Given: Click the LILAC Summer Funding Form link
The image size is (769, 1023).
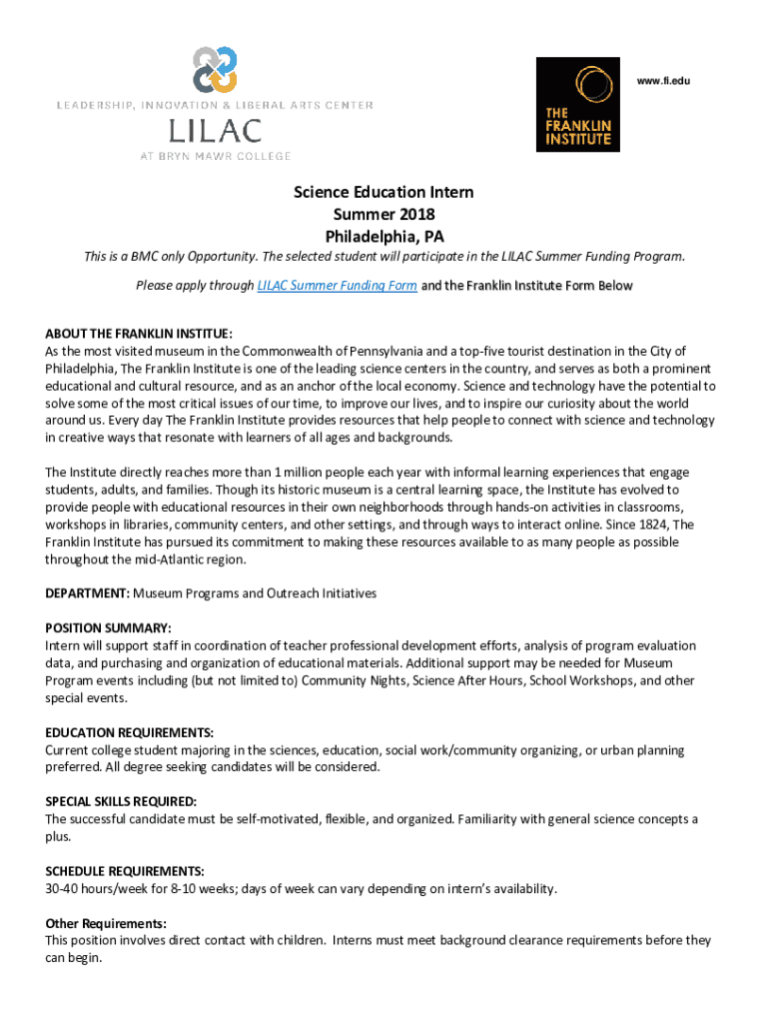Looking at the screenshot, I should coord(337,286).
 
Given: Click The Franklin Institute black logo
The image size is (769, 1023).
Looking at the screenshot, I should coord(577,104).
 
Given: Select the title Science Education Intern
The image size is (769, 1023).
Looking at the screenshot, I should coord(384,192).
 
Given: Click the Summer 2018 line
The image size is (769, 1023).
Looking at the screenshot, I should coord(384,214).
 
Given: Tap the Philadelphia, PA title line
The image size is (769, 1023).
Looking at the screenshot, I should coord(384,237).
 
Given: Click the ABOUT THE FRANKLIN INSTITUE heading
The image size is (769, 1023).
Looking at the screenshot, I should coord(139,334).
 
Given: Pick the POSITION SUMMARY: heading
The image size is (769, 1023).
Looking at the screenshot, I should coord(108,628).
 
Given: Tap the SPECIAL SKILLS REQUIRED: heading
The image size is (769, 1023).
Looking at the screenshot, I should coord(121,801).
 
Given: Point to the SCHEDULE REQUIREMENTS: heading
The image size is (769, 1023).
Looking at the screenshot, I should coord(125,870).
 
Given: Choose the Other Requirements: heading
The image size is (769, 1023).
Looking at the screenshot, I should coord(106,923).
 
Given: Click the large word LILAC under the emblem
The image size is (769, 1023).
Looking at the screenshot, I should coord(215,131).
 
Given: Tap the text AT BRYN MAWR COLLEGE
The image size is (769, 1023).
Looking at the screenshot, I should coord(215,156).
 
